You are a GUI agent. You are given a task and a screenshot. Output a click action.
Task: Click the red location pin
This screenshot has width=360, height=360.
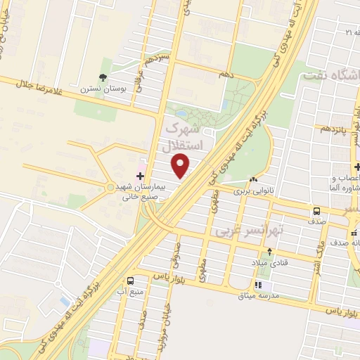[181, 166]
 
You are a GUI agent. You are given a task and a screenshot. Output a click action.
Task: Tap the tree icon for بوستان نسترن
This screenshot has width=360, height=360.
[103, 77]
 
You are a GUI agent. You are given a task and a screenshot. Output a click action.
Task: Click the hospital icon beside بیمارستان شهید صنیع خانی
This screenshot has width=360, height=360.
[139, 174]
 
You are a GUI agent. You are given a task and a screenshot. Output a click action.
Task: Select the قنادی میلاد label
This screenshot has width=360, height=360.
[268, 262]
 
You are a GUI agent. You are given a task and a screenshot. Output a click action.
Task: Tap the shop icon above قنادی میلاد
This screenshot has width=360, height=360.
[268, 251]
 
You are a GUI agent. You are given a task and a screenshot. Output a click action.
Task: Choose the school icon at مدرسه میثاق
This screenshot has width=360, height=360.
[257, 285]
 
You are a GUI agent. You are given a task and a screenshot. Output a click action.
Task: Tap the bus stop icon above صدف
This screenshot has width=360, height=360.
[316, 211]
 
